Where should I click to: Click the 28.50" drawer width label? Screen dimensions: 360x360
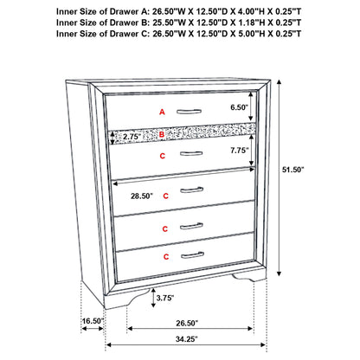pos(141,196)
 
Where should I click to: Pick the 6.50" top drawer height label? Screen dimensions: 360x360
pos(240,108)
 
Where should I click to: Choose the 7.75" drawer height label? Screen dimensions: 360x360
pos(240,150)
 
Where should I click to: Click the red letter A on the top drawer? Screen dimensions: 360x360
pos(160,112)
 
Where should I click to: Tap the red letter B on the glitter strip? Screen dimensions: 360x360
pos(161,135)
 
